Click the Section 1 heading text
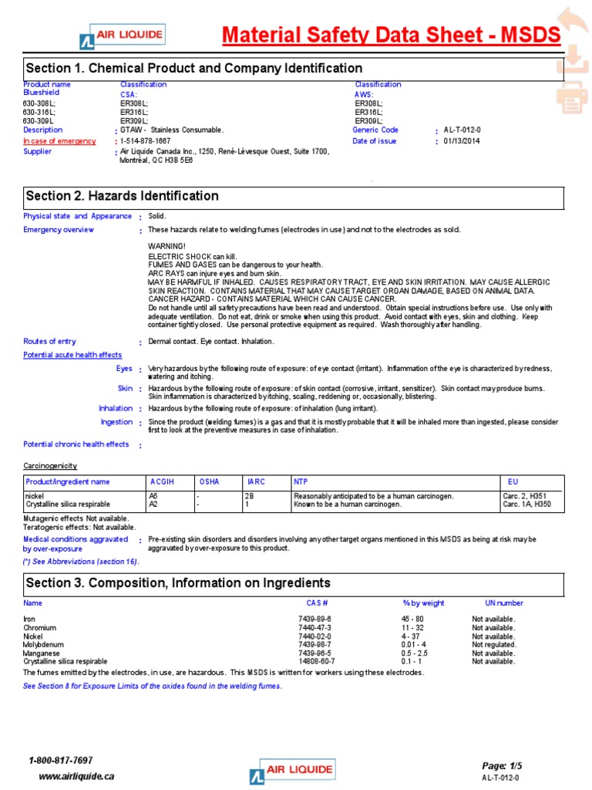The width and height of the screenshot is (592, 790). [x=194, y=69]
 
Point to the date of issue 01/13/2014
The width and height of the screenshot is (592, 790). [x=461, y=141]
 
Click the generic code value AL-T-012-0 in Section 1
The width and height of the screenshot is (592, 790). [x=462, y=130]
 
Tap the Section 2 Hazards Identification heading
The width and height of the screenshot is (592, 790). [x=122, y=196]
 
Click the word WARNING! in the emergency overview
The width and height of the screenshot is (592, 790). [x=166, y=246]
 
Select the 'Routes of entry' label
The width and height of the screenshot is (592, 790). [x=50, y=341]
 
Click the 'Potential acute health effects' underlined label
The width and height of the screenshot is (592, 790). [x=72, y=355]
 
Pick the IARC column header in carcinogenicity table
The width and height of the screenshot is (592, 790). [x=254, y=482]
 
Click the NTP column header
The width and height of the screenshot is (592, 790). [x=301, y=482]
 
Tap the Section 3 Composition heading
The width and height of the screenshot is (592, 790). [x=178, y=582]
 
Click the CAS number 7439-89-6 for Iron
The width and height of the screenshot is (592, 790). [x=314, y=620]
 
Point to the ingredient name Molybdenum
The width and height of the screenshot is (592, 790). [x=44, y=644]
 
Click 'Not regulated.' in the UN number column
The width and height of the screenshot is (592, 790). [x=494, y=644]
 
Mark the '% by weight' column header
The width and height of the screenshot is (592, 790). [x=423, y=603]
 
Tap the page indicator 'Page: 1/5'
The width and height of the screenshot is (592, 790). [x=502, y=766]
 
